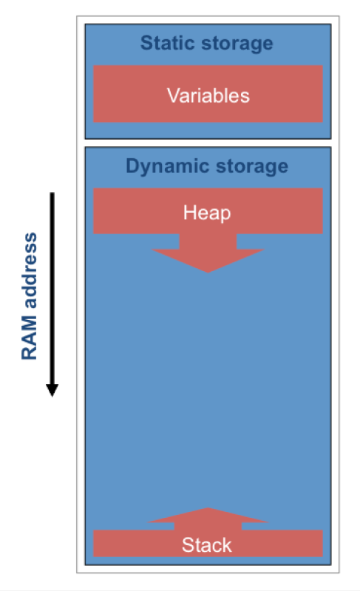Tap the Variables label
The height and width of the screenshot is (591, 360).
coord(208,95)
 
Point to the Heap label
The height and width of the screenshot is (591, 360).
coord(207,213)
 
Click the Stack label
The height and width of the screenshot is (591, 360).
coord(206,545)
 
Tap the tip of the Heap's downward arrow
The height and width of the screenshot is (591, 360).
coord(208,273)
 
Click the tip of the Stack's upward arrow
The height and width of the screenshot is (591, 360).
coord(208,508)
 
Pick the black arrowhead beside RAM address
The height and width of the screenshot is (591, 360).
coord(52,390)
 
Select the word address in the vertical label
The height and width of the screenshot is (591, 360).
coord(30,271)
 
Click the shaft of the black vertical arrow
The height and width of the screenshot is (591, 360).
coord(52,288)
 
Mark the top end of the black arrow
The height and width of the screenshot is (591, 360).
coord(52,193)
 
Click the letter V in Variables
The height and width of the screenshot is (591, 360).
coord(173,95)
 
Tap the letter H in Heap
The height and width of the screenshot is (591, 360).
coord(189,212)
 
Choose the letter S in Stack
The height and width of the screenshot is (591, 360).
coord(188,545)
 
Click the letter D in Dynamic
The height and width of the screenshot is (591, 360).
coord(133,165)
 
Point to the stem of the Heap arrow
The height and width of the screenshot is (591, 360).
coord(208,242)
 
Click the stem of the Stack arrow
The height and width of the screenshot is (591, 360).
coord(208,526)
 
